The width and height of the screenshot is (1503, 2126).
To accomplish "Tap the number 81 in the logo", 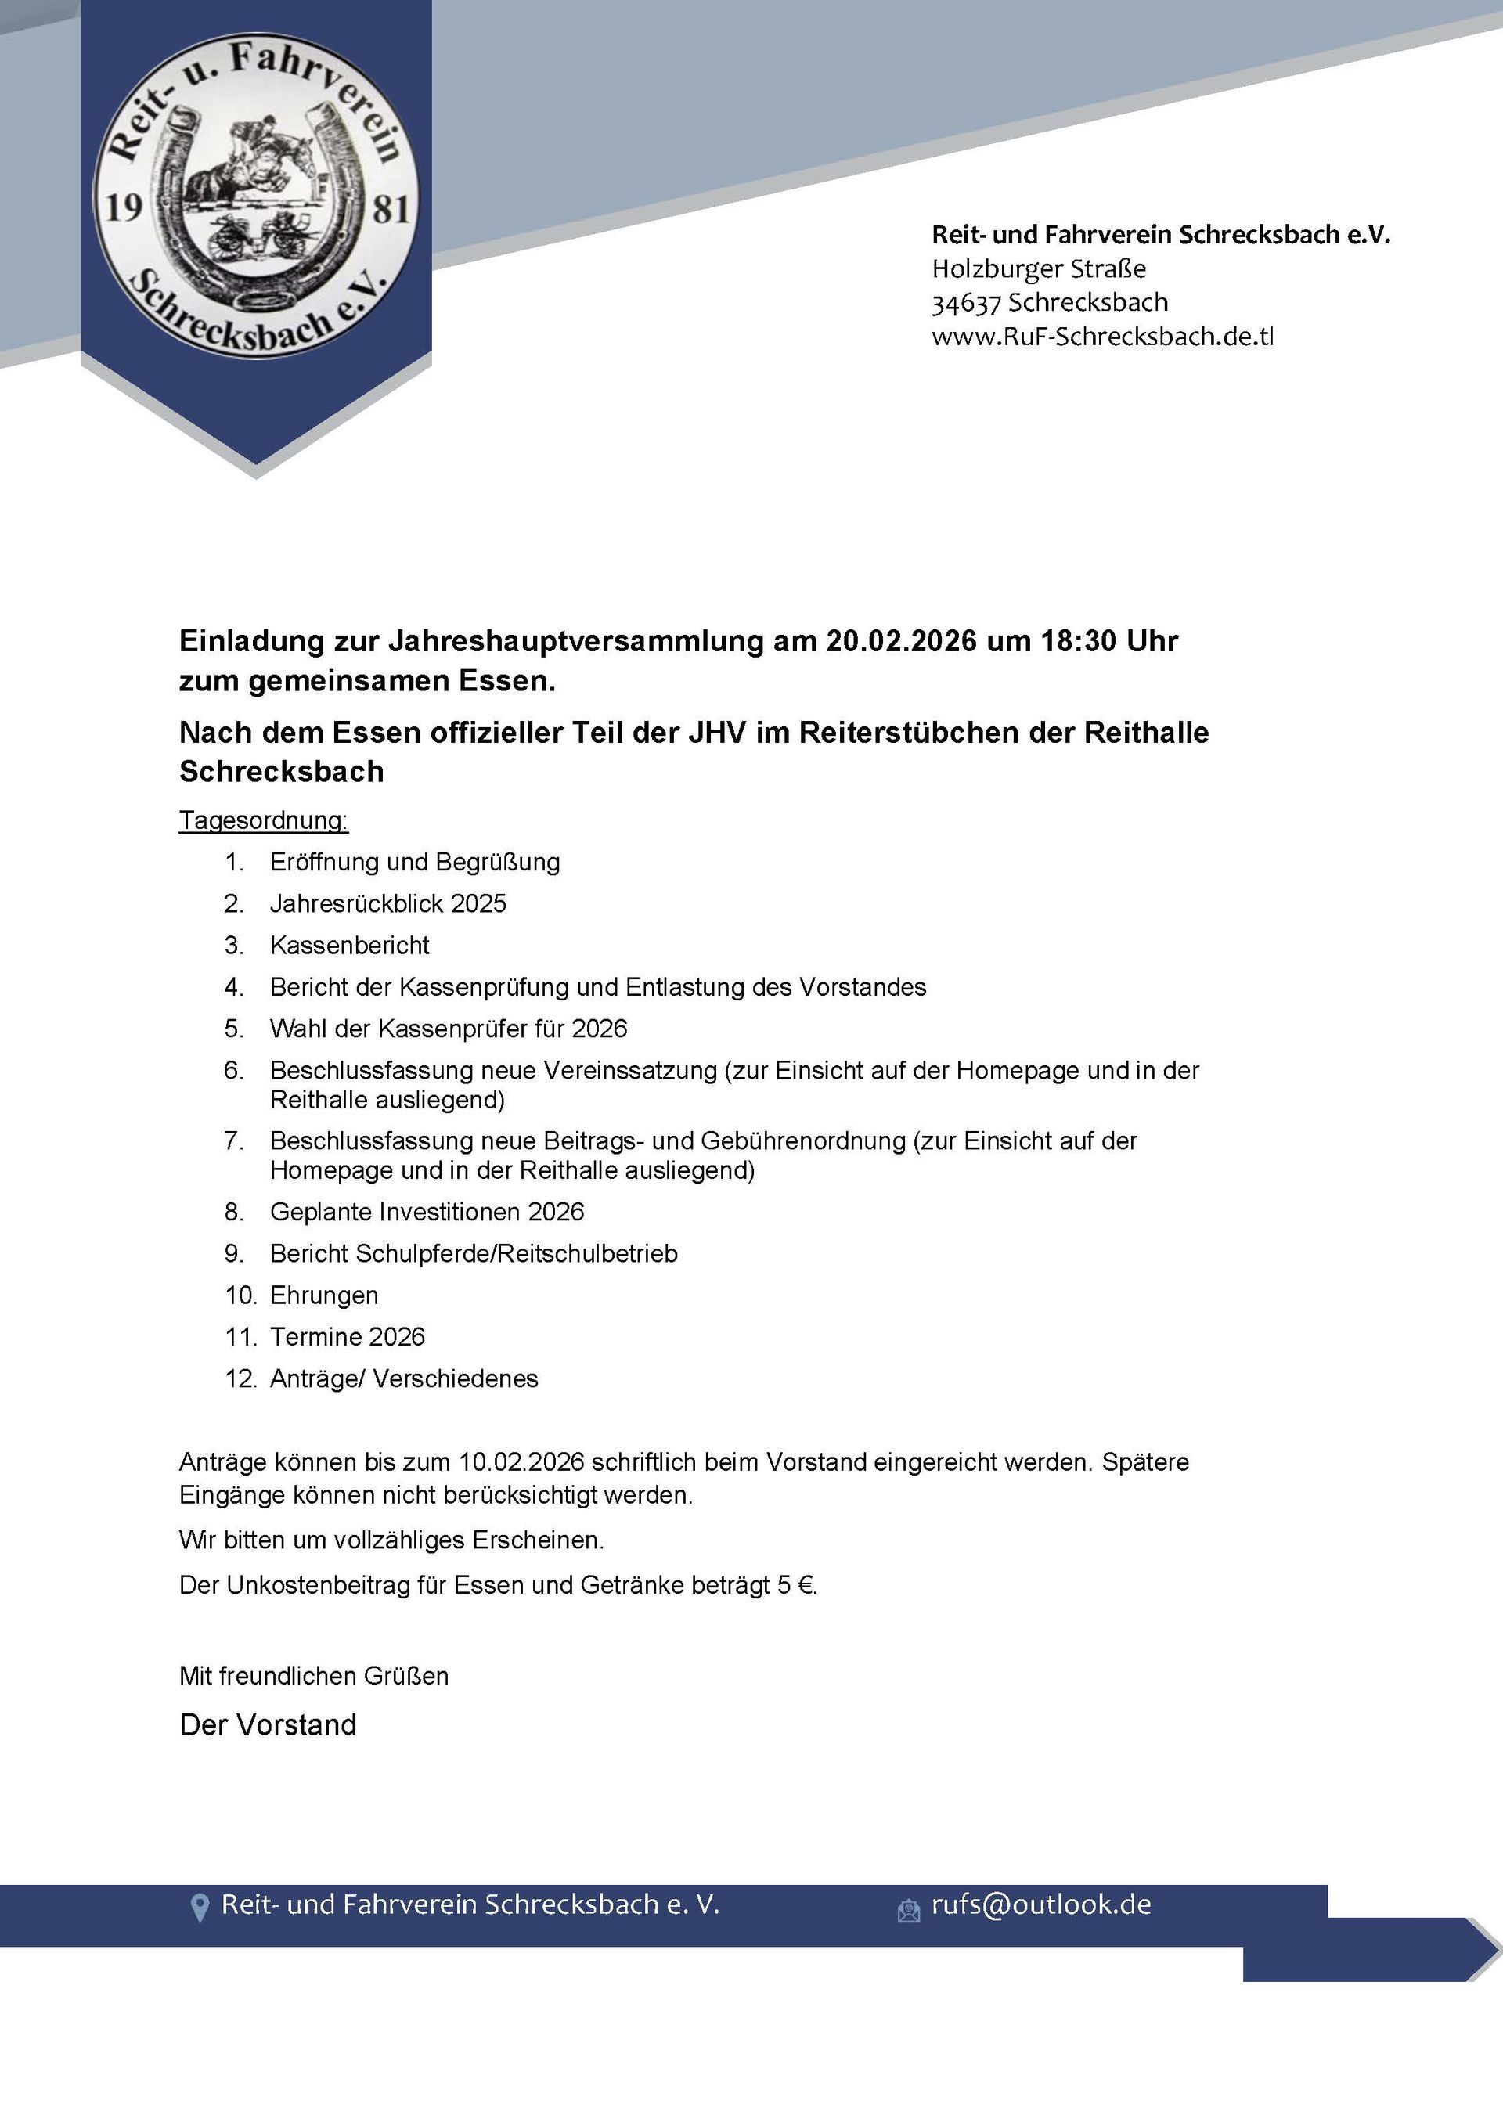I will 390,209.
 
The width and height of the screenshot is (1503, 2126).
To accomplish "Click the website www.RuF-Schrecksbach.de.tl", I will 1102,336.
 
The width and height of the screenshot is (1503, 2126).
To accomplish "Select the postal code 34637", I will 966,303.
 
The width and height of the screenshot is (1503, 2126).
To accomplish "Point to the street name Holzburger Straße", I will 1038,269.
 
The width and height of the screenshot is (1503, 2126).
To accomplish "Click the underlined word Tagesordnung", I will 263,820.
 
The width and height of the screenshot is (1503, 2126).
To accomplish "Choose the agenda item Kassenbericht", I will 349,946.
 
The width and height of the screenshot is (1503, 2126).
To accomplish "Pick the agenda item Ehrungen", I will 324,1295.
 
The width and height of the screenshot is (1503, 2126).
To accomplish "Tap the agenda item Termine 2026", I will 348,1336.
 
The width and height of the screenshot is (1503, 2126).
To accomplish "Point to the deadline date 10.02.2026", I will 521,1462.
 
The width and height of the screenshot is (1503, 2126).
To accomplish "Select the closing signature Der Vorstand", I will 268,1724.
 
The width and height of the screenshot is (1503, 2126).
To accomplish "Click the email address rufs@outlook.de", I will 1041,1904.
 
